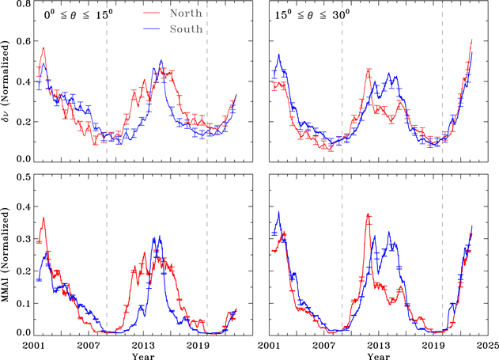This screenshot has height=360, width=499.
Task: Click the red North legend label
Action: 187,13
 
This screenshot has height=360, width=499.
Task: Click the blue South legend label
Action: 187,28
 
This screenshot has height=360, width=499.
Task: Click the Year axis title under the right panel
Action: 378,354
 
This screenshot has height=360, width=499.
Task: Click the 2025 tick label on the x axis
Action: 486,344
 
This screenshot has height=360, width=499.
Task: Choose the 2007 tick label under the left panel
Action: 88,344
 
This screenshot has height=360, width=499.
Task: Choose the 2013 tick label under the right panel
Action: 378,344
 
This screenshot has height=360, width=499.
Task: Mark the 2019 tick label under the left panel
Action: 197,344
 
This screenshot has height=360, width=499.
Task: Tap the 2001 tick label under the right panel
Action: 270,344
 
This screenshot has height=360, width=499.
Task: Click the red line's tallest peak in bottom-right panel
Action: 369,214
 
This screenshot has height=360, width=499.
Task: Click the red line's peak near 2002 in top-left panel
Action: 43,48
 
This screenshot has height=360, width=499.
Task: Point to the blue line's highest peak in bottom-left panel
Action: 161,237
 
